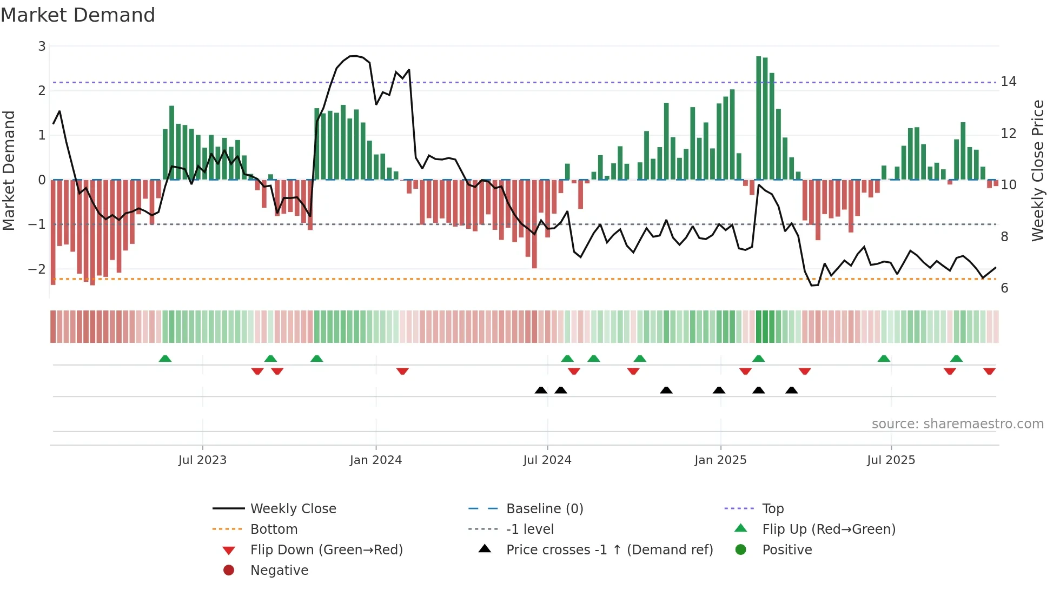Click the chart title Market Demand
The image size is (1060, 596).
tap(78, 15)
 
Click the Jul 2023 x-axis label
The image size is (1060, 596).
tap(202, 460)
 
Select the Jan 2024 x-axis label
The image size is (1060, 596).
tap(375, 460)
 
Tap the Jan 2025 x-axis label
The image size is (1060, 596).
tap(720, 460)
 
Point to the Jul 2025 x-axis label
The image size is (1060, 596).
tap(891, 460)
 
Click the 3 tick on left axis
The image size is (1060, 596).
tap(42, 47)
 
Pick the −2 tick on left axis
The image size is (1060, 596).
tap(37, 269)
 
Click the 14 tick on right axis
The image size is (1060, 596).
tap(1009, 82)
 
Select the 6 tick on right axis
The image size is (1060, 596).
tap(1004, 288)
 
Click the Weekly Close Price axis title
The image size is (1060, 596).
tap(1037, 170)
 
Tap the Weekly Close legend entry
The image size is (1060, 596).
tap(293, 509)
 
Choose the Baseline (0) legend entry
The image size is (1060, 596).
tap(544, 509)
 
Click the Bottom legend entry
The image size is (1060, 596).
tap(274, 529)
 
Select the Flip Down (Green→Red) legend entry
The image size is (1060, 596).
tap(326, 550)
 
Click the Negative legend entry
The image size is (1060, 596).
tap(279, 571)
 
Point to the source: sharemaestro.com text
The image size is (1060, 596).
tap(957, 424)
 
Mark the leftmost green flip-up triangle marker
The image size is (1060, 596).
tap(165, 359)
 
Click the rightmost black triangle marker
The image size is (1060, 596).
tap(792, 390)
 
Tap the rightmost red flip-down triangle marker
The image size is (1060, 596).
tap(989, 371)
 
